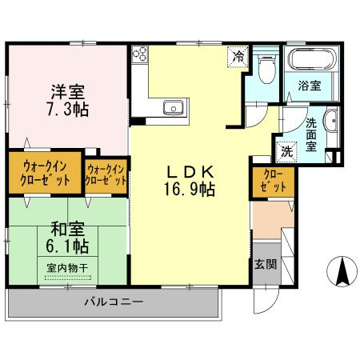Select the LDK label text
(x=190, y=170)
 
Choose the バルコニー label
(x=114, y=303)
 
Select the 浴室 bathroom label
(x=310, y=86)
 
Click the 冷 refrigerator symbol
(x=238, y=57)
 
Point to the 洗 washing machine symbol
(x=286, y=150)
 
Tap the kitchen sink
(x=173, y=108)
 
